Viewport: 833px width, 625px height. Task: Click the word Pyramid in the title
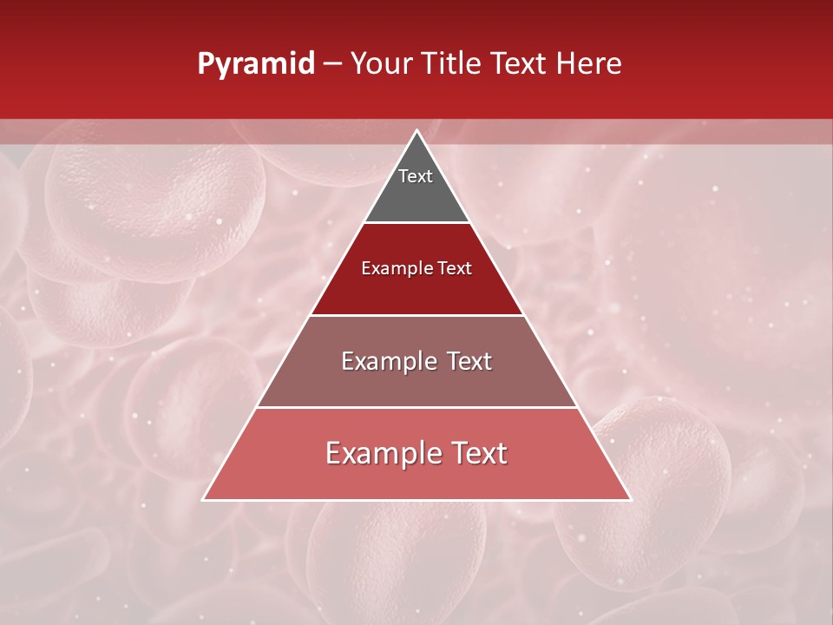[x=256, y=64]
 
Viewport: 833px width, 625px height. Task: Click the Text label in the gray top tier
[x=416, y=176]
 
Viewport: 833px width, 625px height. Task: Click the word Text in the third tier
[x=467, y=361]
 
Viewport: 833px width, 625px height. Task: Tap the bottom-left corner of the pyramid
[x=204, y=499]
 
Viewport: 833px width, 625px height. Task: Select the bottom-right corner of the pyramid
[x=630, y=499]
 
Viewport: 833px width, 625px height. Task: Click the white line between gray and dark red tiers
[x=416, y=223]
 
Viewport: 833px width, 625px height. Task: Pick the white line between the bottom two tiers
[x=416, y=408]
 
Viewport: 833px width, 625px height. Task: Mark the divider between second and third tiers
[x=416, y=315]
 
